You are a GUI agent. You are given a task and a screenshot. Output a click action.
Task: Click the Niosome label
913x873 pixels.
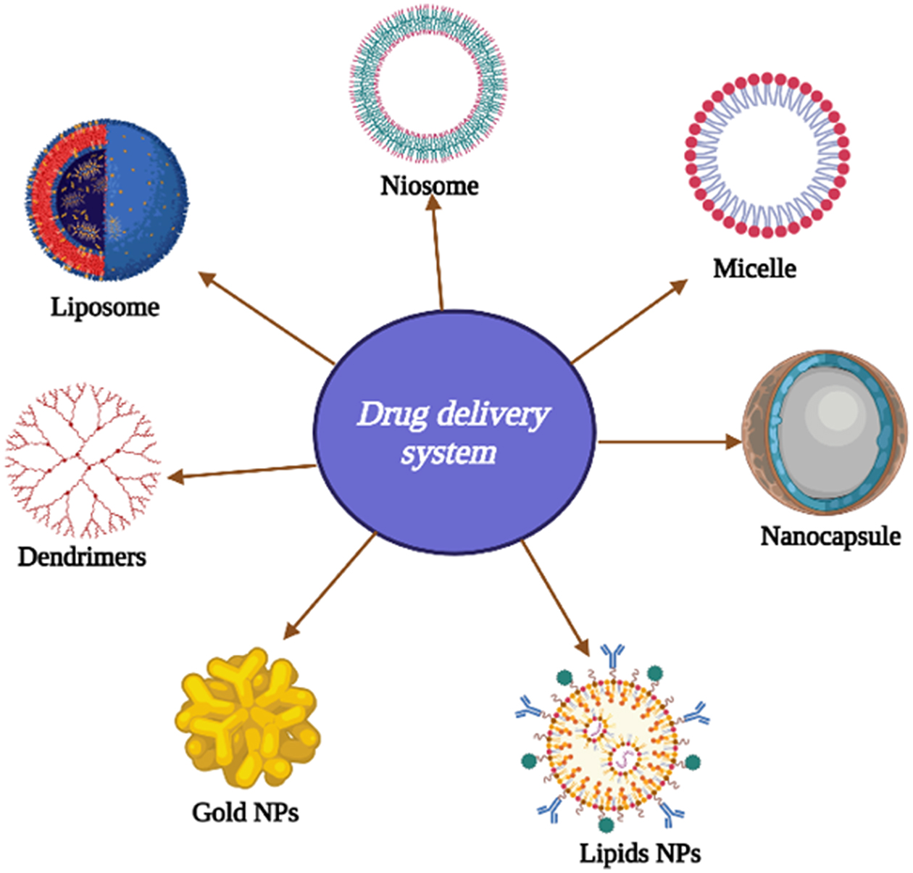coord(429,185)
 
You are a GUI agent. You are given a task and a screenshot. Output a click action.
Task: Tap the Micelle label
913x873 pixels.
coord(754,269)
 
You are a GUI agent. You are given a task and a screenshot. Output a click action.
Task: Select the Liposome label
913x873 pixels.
coord(105,307)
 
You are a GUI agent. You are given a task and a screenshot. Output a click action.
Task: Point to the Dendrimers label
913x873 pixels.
coord(82,556)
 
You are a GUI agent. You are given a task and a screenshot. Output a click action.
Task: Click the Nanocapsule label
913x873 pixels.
coord(830,536)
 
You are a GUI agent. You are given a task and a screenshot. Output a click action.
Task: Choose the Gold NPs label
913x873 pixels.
coord(245,812)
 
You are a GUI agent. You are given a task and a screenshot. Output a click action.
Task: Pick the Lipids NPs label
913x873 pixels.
coord(640,853)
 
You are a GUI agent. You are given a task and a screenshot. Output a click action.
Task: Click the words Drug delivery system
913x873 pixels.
coord(453,433)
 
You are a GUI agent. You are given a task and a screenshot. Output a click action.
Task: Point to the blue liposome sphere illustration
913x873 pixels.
coord(145,199)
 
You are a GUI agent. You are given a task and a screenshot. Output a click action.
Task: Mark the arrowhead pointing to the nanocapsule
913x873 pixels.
coord(733,441)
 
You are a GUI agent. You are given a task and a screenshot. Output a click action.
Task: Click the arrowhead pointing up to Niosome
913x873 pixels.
coord(433,203)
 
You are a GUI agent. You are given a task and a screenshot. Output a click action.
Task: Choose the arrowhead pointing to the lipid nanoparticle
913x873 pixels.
coord(581,646)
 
